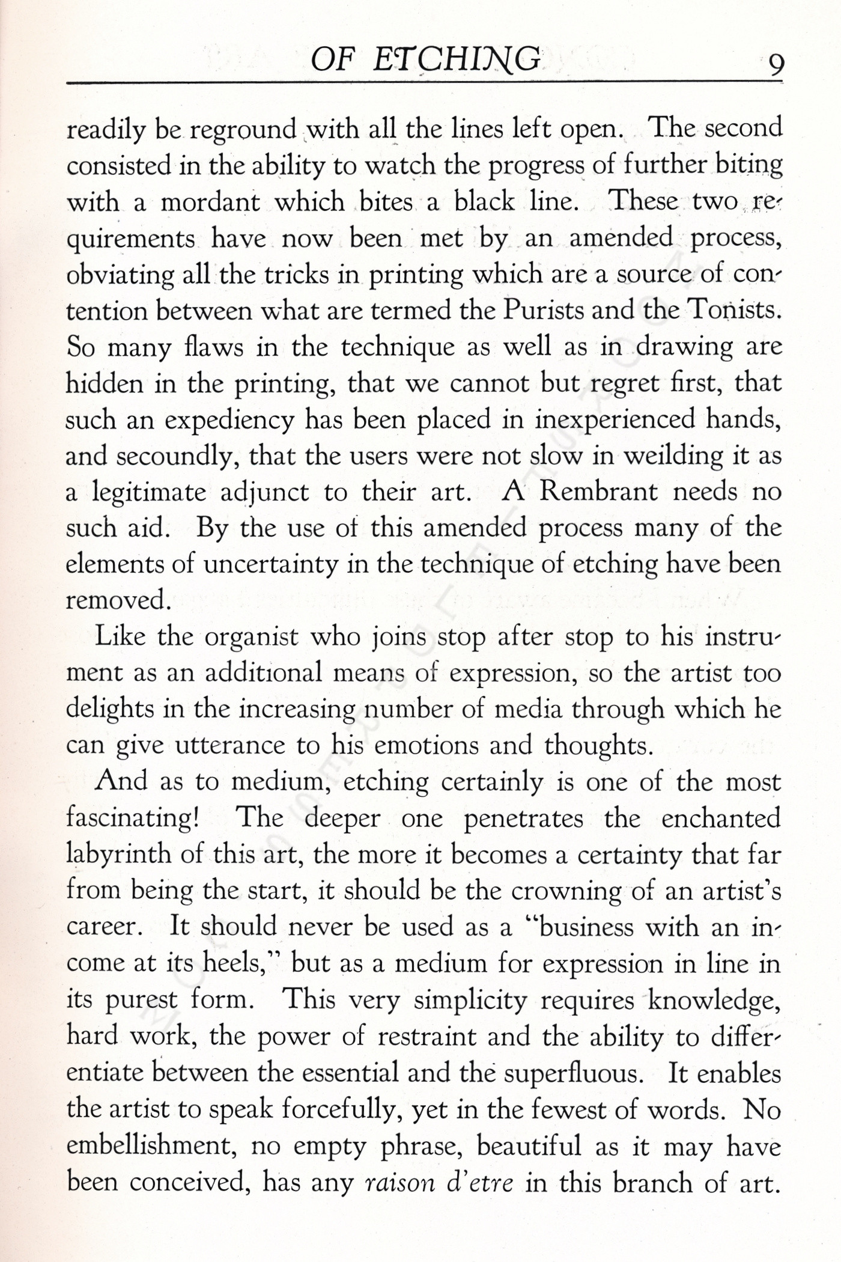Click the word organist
click(252, 637)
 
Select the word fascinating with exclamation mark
click(132, 818)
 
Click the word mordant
click(210, 202)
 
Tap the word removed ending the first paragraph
click(115, 600)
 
